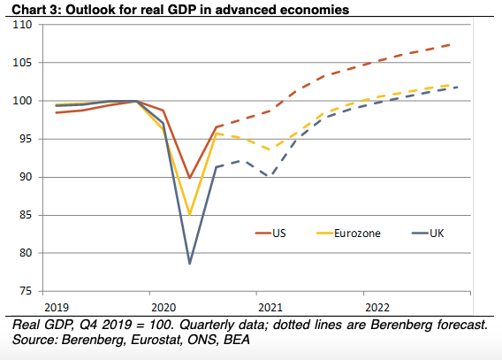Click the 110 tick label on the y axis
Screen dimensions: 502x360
click(22, 25)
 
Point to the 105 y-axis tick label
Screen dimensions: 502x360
click(22, 63)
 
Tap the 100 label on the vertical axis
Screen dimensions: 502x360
click(22, 101)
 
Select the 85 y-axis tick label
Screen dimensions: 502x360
click(26, 215)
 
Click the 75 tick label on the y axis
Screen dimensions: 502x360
click(26, 291)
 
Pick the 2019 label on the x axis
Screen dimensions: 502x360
click(57, 308)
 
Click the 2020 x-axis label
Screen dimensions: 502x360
click(164, 308)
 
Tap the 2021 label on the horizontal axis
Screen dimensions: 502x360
click(270, 308)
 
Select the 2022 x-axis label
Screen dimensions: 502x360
click(377, 308)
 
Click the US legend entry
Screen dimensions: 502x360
click(270, 234)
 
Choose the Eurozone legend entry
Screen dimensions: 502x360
click(348, 234)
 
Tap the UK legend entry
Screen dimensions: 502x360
click(428, 234)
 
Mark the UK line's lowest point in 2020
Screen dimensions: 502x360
click(189, 264)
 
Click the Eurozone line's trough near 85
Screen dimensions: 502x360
click(189, 214)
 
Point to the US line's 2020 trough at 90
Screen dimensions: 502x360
click(189, 178)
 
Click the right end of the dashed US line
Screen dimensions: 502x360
click(451, 44)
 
